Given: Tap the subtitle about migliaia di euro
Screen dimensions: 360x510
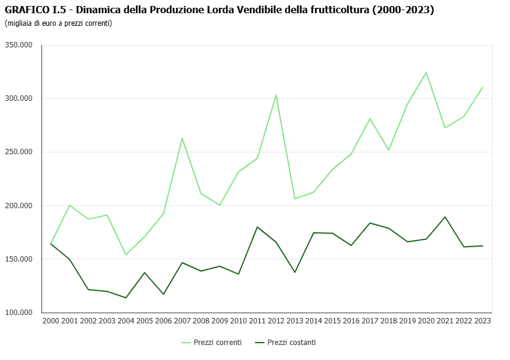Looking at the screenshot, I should coord(58,23).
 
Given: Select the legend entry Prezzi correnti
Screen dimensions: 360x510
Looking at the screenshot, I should coord(217,343).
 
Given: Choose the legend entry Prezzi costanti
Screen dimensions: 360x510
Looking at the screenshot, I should coord(291,343).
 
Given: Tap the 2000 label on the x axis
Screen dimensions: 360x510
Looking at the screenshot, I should coord(51,321).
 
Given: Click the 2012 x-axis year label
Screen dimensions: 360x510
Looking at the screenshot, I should coord(276,321).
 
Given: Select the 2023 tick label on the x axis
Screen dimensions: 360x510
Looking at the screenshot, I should coord(482,321).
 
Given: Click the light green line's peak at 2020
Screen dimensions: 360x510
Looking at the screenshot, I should coord(426,73).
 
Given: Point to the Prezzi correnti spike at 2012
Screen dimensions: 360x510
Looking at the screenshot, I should coord(276,95).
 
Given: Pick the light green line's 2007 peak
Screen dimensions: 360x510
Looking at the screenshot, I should coord(182,138).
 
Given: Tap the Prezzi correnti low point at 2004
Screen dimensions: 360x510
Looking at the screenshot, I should coord(126,255).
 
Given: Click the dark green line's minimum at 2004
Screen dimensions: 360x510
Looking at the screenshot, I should coord(126,298).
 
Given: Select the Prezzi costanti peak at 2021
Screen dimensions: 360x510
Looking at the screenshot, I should coord(445,217).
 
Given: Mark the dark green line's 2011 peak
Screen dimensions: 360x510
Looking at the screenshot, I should coord(257,227).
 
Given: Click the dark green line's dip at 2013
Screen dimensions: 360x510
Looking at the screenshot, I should coord(295,272).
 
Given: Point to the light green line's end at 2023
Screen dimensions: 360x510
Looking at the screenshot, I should coord(482,87).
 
